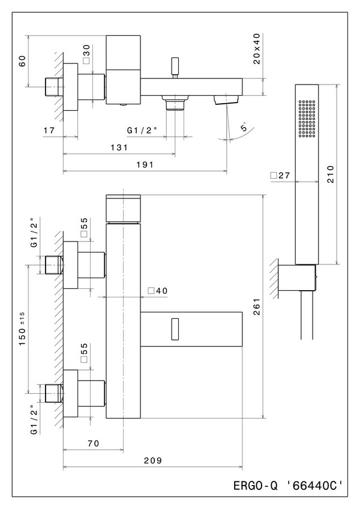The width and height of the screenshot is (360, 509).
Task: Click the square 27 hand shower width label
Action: [280, 176]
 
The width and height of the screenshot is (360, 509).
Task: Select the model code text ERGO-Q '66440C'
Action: [290, 484]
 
